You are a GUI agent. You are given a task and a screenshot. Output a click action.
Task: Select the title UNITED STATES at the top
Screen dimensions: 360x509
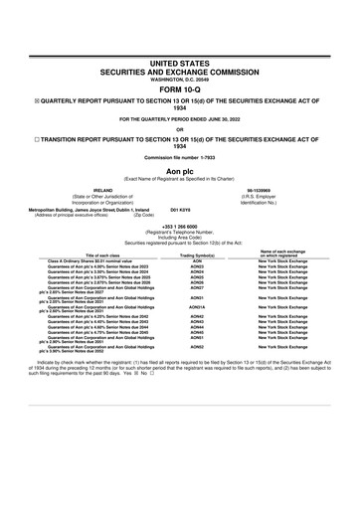coord(180,62)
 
